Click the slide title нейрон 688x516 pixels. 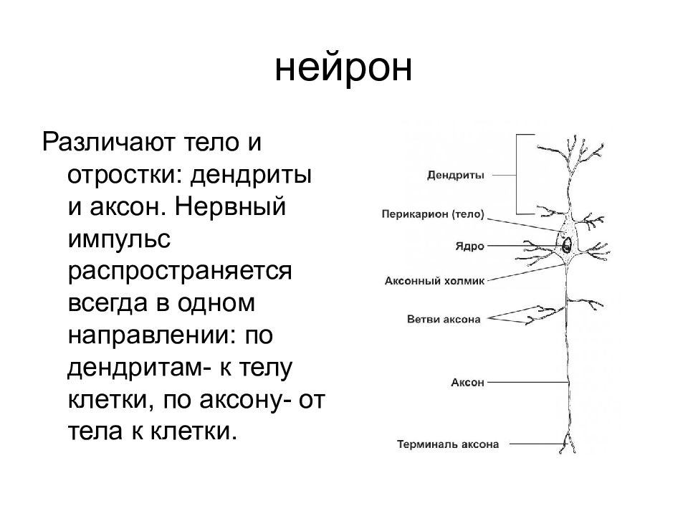[343, 68]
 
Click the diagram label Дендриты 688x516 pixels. [456, 176]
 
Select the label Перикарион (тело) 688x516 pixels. [433, 214]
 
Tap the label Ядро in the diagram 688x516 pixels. [469, 246]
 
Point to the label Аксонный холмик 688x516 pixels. [434, 281]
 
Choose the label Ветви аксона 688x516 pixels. [444, 319]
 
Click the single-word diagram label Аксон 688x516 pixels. [468, 382]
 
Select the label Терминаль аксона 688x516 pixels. [448, 444]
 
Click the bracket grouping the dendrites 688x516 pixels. [517, 174]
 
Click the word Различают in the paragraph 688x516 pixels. [108, 142]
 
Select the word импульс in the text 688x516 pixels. [119, 239]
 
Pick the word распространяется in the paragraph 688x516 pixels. [180, 272]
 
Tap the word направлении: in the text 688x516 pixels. [148, 335]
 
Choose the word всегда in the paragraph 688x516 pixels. [107, 304]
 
